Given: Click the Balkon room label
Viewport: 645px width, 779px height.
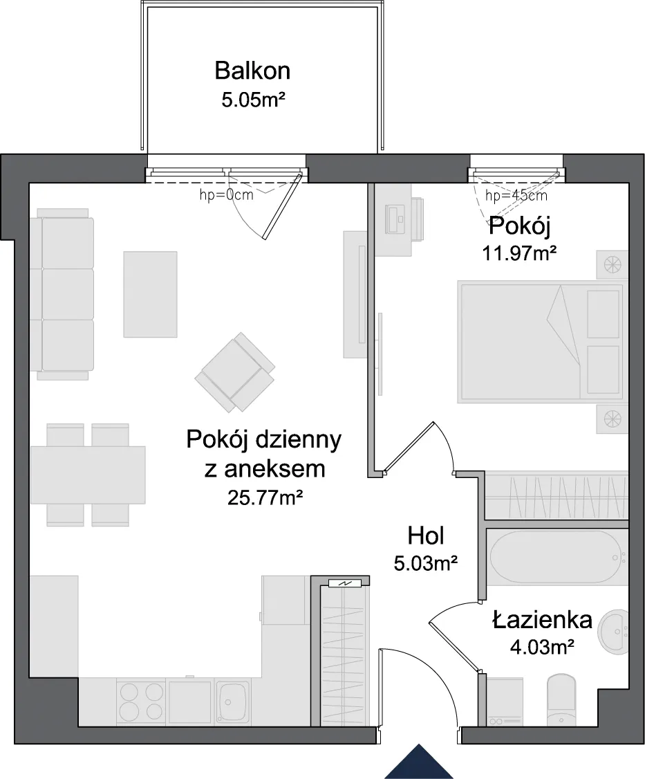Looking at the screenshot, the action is [252, 71].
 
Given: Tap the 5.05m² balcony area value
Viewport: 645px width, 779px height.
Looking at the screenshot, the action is [253, 100].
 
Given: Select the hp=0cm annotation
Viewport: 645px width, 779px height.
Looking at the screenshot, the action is [227, 195].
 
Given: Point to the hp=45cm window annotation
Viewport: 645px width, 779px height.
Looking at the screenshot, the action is [516, 195].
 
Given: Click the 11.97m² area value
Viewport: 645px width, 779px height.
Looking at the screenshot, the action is [519, 254].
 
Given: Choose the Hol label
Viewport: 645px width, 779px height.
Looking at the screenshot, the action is [426, 536].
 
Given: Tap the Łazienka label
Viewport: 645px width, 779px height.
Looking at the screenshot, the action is [542, 620].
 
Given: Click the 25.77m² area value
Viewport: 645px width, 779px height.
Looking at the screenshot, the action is [265, 497].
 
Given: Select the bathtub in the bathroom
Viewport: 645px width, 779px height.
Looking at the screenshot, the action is [557, 557].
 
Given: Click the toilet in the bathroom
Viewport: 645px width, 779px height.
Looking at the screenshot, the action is [561, 699].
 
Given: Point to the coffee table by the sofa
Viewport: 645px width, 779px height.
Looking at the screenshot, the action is [150, 294].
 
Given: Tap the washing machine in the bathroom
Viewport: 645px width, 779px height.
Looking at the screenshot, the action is [505, 701].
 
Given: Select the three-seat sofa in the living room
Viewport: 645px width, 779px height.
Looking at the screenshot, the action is [62, 294].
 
